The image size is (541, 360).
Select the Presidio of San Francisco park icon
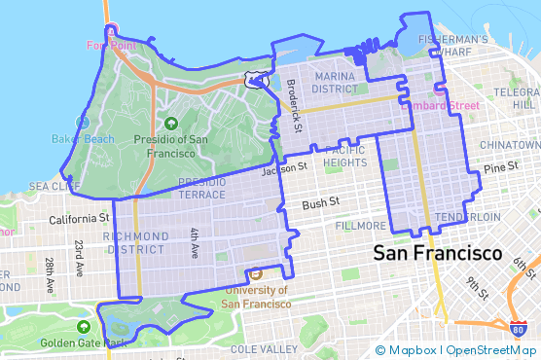click(171, 123)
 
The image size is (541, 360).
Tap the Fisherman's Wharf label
click(451, 46)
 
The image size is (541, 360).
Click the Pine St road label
click(502, 168)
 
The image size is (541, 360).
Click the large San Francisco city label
click(437, 253)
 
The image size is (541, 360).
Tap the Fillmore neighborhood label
click(359, 225)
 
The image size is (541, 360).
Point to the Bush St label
click(320, 204)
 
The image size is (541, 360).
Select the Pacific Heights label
click(345, 157)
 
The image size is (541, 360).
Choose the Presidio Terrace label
click(202, 188)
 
